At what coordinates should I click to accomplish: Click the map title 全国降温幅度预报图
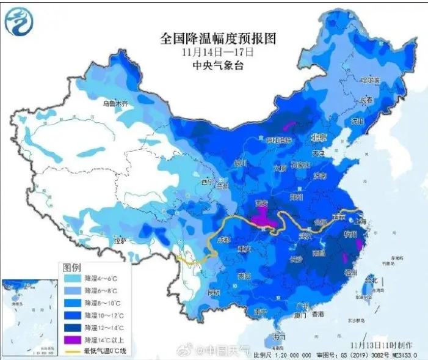218,39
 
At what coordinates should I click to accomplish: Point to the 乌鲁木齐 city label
116,104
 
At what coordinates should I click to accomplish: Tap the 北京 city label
319,137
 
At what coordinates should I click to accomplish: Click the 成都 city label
223,241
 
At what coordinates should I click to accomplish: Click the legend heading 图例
71,267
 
